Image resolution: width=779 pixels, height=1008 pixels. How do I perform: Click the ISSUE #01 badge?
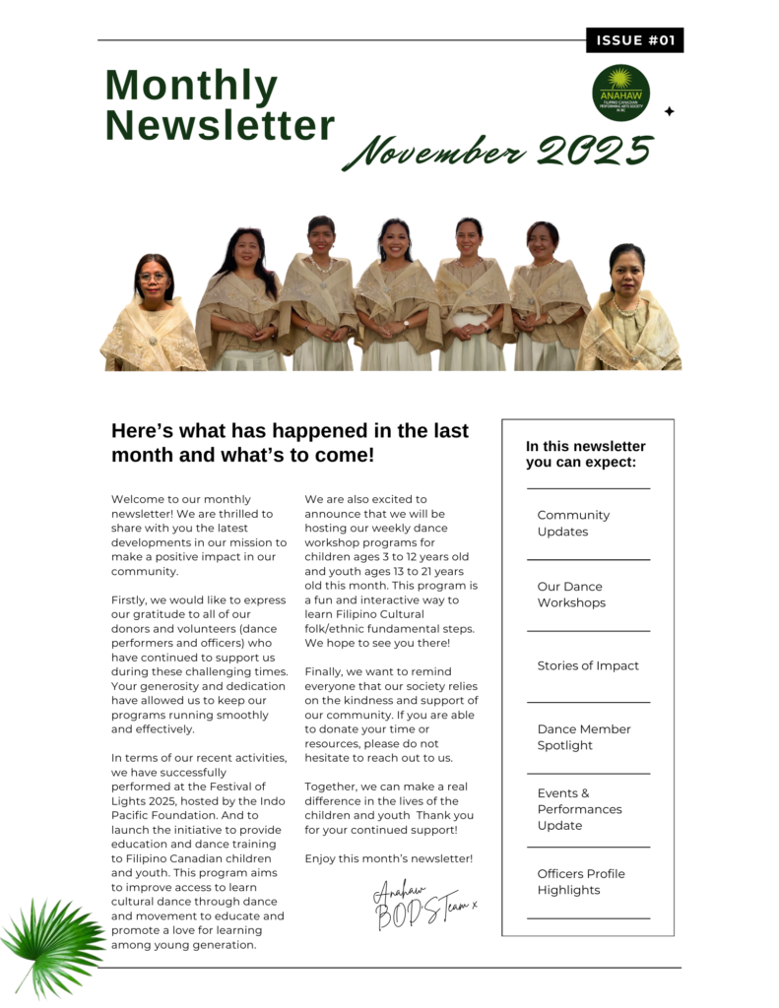[x=634, y=40]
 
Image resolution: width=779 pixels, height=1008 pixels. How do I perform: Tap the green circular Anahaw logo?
[x=620, y=93]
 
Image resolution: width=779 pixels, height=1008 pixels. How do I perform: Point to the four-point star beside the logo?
[x=670, y=111]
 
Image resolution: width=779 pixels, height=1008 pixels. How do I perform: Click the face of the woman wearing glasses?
[x=155, y=278]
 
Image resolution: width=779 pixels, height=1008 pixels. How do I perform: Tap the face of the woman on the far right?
[x=627, y=270]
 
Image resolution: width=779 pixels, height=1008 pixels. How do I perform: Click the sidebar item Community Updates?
[x=573, y=524]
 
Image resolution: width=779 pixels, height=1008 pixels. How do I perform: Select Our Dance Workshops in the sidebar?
[x=571, y=595]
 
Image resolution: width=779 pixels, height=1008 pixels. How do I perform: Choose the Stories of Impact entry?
[x=588, y=666]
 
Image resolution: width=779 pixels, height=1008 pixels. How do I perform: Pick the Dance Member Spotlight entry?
[x=583, y=737]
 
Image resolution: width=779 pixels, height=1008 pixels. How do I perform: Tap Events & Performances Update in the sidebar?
[x=579, y=809]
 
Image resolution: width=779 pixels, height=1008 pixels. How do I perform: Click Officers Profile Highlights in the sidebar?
[x=580, y=882]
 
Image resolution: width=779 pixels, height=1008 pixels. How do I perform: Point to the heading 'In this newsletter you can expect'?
[x=585, y=454]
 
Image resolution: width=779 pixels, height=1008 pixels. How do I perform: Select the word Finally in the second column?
[x=325, y=671]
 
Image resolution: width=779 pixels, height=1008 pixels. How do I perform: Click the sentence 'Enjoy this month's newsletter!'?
[x=388, y=859]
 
